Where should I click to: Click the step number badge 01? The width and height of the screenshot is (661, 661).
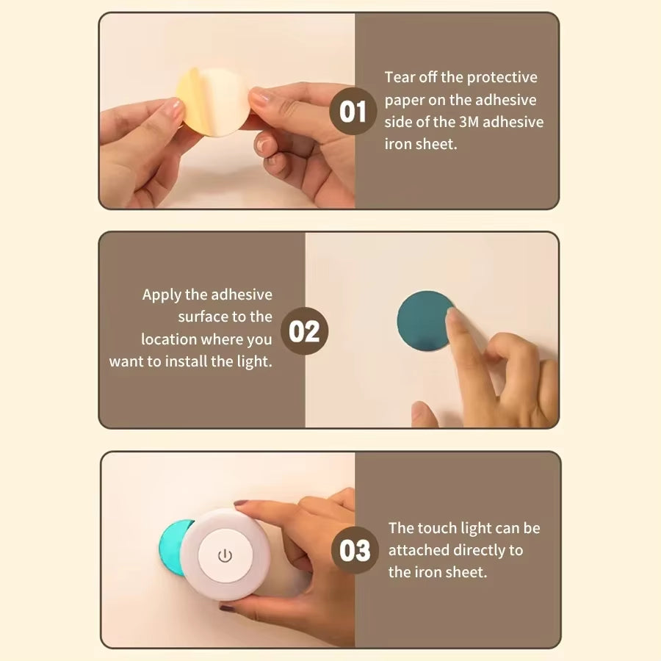pyautogui.click(x=353, y=112)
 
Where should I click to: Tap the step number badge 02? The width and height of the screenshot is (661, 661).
pyautogui.click(x=304, y=331)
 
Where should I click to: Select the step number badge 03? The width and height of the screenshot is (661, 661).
pyautogui.click(x=355, y=550)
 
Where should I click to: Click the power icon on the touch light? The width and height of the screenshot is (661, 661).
pyautogui.click(x=225, y=555)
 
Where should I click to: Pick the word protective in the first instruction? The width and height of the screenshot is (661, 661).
pyautogui.click(x=502, y=77)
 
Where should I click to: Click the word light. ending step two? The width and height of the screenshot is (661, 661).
pyautogui.click(x=254, y=361)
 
